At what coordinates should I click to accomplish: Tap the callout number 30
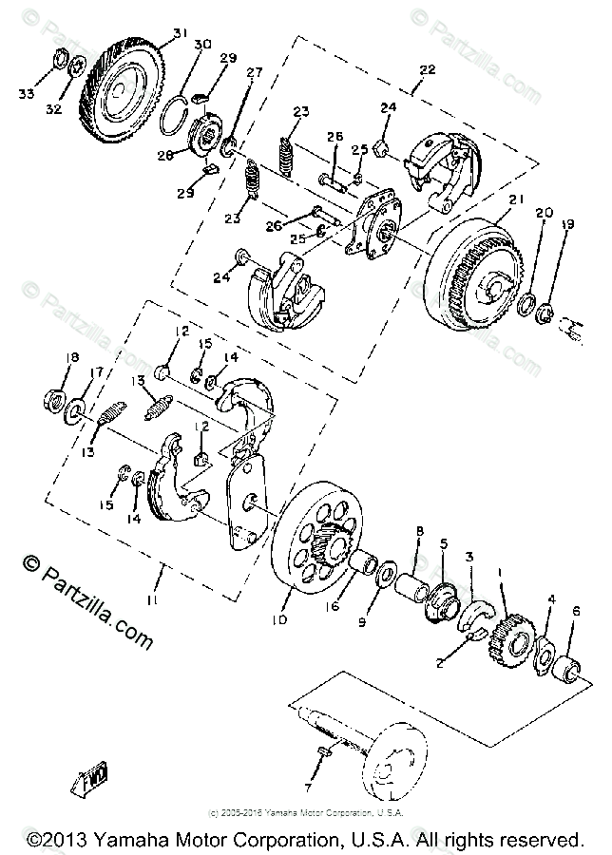pos(201,47)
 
